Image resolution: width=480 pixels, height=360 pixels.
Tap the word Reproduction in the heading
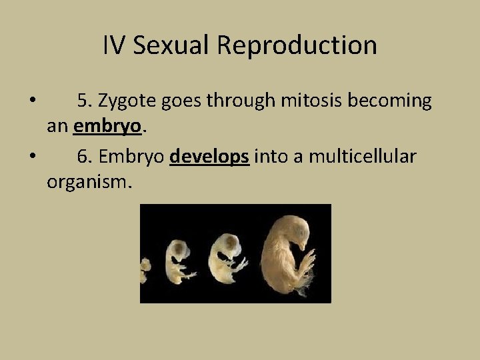(297, 45)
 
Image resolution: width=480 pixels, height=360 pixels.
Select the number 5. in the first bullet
(85, 101)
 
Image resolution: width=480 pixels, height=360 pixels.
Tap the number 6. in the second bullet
(85, 157)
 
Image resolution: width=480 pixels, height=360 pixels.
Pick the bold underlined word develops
(209, 157)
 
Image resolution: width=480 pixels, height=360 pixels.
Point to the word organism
(89, 182)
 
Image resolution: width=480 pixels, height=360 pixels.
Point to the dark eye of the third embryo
(229, 241)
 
